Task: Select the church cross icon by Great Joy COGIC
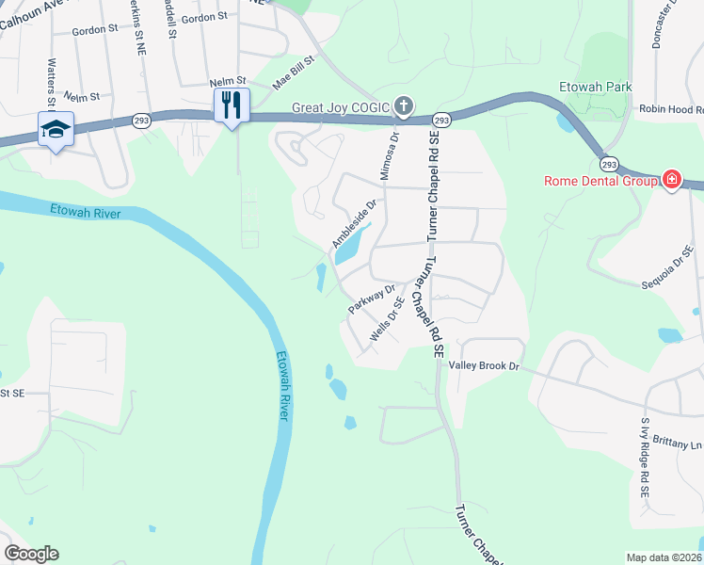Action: pyautogui.click(x=404, y=105)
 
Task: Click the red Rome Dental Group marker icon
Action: pyautogui.click(x=672, y=180)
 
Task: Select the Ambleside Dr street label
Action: pyautogui.click(x=354, y=223)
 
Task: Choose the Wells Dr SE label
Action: pyautogui.click(x=387, y=318)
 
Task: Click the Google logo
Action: pyautogui.click(x=31, y=554)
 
